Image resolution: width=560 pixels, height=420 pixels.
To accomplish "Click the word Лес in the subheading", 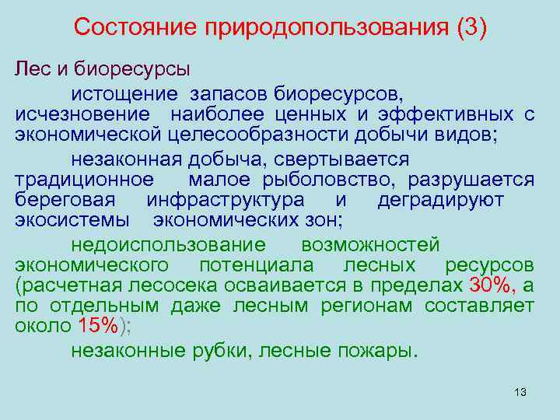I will click(x=32, y=71).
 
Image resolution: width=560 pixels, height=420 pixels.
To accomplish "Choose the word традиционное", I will click(x=84, y=180).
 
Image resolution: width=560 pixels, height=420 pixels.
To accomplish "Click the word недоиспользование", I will click(x=168, y=245).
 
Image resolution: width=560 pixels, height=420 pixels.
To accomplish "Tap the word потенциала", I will click(x=252, y=265).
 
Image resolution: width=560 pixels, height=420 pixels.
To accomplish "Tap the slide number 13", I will click(x=520, y=391).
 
